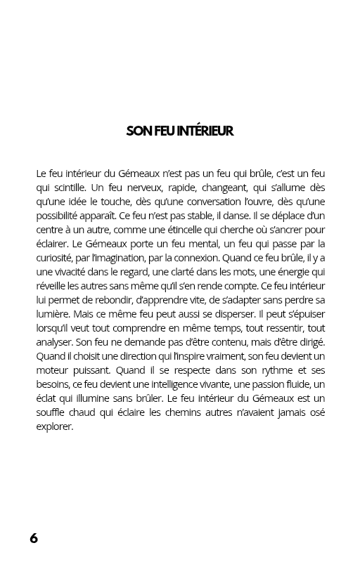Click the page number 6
(34, 538)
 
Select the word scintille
(68, 188)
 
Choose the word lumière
(52, 314)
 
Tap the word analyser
(54, 342)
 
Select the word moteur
(52, 370)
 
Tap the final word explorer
(54, 426)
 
